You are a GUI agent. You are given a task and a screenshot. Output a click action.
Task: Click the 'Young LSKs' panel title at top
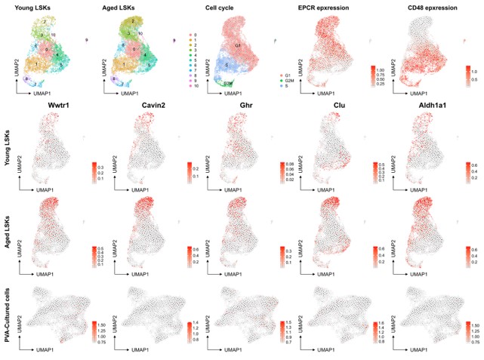37,8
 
